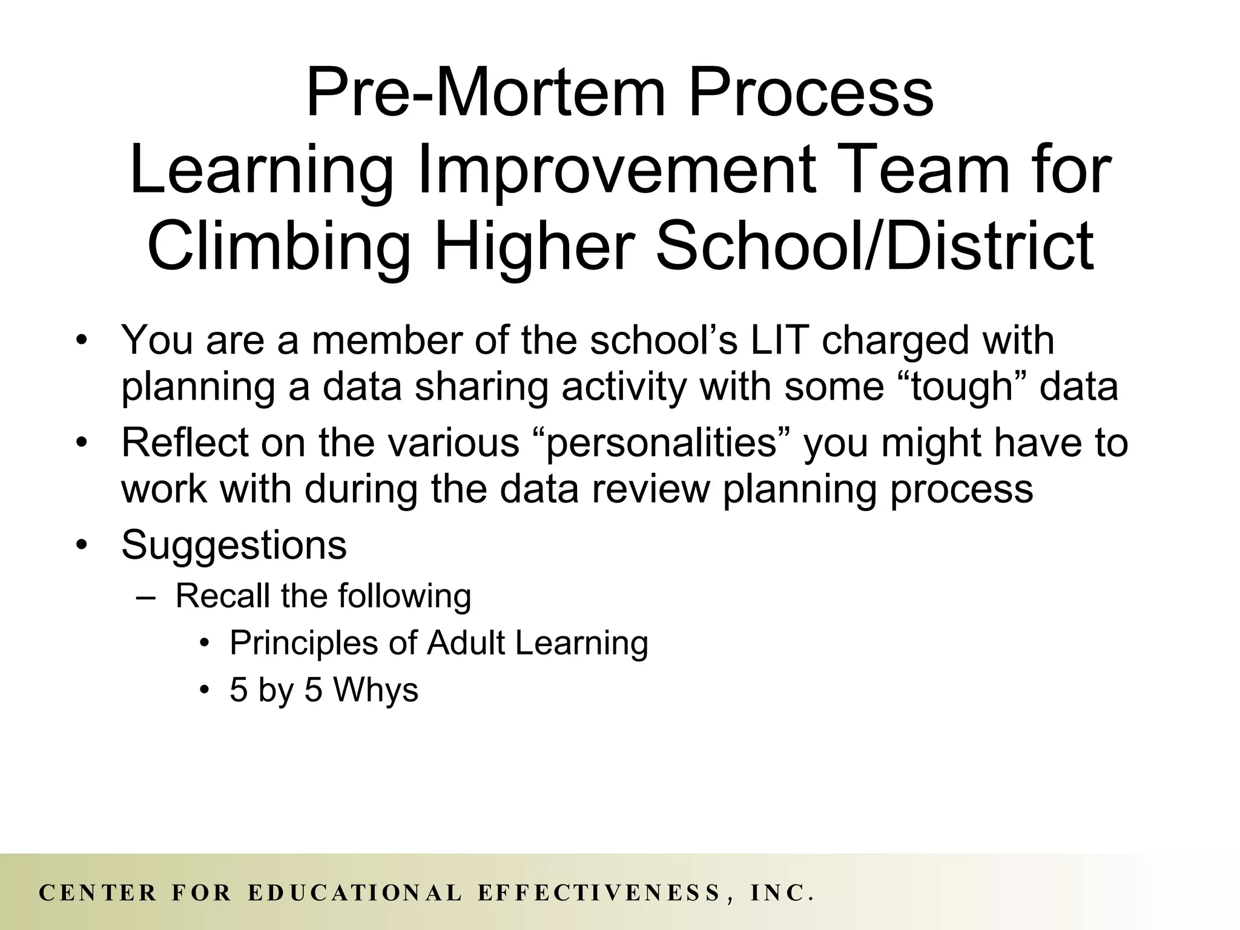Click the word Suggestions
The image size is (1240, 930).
[234, 545]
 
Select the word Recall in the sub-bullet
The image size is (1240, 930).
[222, 596]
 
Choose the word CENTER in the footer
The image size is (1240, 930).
[97, 893]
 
